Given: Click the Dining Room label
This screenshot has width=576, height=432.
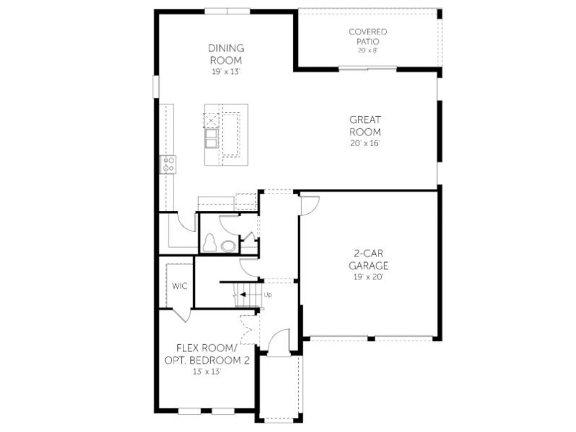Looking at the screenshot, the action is (226, 54).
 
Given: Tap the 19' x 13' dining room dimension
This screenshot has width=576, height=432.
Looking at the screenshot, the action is (225, 71).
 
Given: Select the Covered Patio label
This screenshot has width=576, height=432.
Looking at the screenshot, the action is (368, 37).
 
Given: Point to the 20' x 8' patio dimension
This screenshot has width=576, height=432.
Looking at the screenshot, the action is (368, 50).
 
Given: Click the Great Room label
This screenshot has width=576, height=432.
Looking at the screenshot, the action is (365, 125).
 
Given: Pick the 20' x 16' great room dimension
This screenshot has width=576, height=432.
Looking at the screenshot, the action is (365, 143).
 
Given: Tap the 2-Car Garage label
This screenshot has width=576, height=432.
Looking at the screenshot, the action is (369, 259).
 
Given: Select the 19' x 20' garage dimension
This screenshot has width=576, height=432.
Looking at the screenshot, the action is (369, 277).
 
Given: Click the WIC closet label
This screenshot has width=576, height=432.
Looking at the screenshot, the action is (179, 286).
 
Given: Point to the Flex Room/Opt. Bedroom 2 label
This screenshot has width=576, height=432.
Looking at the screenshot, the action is (207, 354).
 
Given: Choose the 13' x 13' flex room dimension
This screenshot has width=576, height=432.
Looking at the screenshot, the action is (207, 372).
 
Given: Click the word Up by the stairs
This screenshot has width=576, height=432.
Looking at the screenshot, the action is (268, 295).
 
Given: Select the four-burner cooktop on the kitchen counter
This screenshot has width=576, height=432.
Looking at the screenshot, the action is (168, 165).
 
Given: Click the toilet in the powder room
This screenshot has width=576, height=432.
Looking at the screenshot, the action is (210, 243).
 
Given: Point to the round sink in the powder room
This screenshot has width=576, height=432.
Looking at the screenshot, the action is (228, 246).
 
